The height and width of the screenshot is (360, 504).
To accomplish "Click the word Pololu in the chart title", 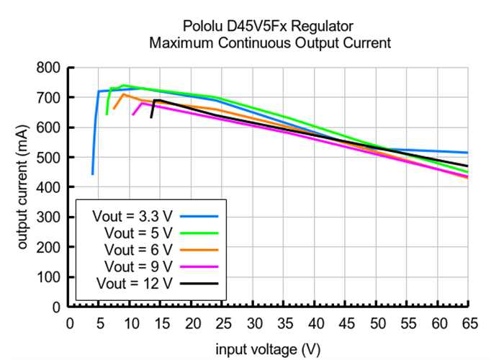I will click(x=204, y=27).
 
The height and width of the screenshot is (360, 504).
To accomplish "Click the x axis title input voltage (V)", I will click(x=268, y=349).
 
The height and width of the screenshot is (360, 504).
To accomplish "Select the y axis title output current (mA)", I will click(x=23, y=187).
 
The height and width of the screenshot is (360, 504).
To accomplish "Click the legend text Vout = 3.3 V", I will click(x=132, y=215).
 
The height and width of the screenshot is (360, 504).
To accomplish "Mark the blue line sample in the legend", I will click(x=199, y=215).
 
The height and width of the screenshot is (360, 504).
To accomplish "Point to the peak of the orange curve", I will click(x=123, y=94).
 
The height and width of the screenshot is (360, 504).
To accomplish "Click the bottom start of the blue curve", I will click(x=92, y=174).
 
